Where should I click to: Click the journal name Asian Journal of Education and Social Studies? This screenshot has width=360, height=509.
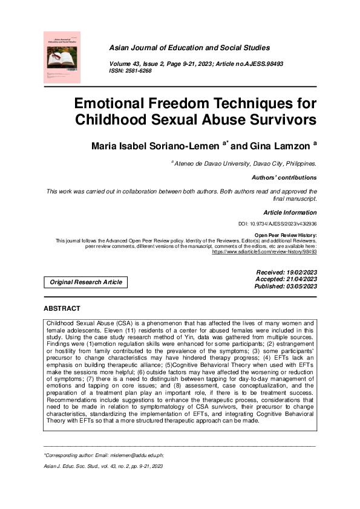(x=189, y=48)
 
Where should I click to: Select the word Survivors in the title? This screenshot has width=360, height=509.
(x=279, y=119)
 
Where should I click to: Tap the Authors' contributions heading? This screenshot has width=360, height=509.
(x=284, y=178)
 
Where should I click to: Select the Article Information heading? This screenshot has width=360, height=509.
(x=290, y=213)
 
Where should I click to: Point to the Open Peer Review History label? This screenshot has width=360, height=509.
(x=285, y=235)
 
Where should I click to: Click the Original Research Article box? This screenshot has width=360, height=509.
(x=86, y=282)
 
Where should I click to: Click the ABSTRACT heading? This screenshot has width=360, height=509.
(x=62, y=308)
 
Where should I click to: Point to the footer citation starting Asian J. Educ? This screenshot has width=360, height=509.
(x=103, y=467)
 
